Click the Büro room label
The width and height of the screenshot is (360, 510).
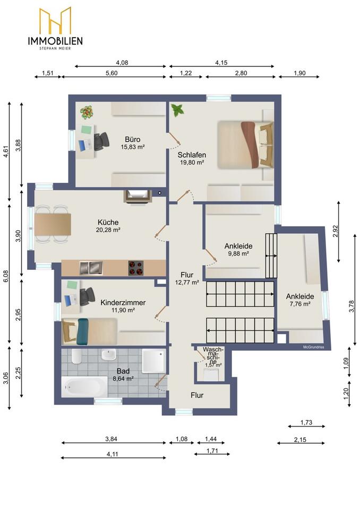coord(132,139)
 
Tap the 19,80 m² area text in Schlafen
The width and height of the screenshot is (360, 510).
coord(192,163)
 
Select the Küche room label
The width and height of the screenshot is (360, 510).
coord(108,222)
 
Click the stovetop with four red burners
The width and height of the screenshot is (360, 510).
coord(136,268)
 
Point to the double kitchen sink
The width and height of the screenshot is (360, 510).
coord(91,268)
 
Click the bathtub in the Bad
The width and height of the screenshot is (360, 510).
coord(84,387)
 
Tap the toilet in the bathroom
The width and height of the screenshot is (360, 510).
coord(76,357)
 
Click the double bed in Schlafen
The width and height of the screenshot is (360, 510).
coord(245,144)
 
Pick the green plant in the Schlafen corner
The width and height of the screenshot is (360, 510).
coord(177,110)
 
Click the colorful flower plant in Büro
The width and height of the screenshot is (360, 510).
coord(87,112)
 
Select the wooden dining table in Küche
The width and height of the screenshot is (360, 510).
coord(53,224)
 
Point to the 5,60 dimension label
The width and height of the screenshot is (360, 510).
coord(112,73)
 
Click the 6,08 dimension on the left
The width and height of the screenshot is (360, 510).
coord(6,276)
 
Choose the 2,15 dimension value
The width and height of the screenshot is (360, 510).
coord(300,440)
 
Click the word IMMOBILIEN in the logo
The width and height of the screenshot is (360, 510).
coord(55,41)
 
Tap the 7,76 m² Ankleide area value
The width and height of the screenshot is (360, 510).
coord(300,304)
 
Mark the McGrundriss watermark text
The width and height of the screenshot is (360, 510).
coord(313,347)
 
